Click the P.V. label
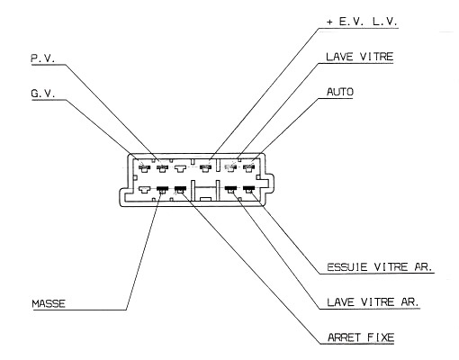pos(43,58)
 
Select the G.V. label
pos(43,94)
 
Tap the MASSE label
pos(49,303)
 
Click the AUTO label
pos(340,92)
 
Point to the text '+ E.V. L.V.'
pos(362,22)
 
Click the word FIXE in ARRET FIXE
pos(381,337)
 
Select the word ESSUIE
pos(346,267)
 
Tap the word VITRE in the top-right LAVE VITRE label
pos(376,57)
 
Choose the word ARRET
pos(344,337)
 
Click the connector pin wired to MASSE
pos(162,190)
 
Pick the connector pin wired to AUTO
pos(248,167)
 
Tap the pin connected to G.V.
pos(144,168)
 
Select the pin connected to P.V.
pos(162,168)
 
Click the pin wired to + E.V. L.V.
pos(205,168)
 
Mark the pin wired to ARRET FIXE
pos(180,190)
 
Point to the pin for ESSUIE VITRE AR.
pos(248,190)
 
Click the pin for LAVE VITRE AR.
pos(230,190)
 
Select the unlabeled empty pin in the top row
pos(180,168)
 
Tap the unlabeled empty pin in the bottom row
pos(144,190)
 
